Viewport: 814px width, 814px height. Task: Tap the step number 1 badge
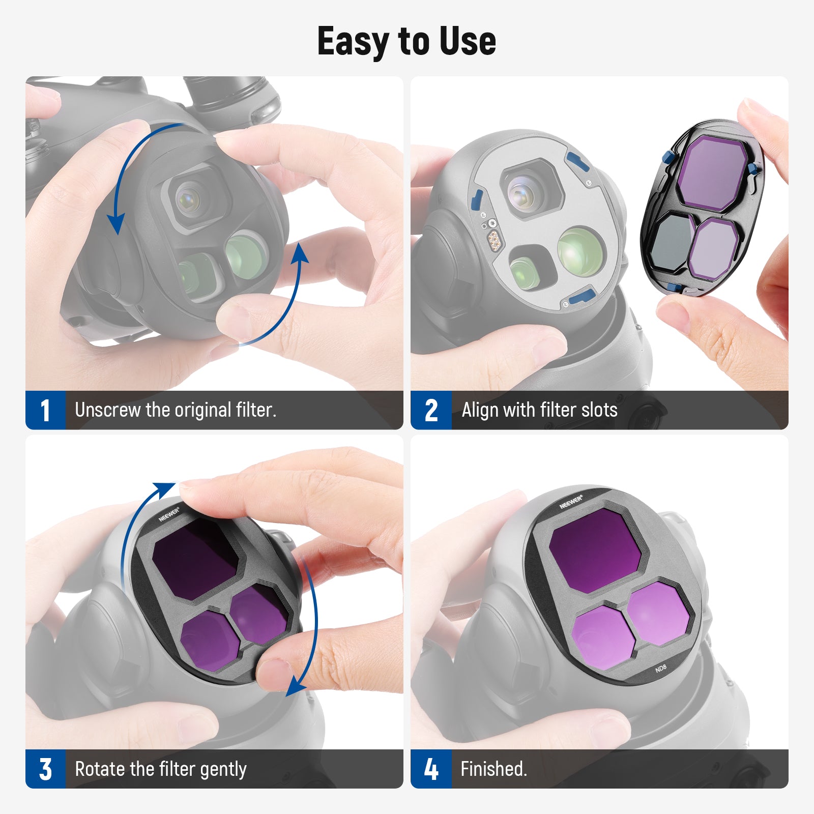pyautogui.click(x=45, y=410)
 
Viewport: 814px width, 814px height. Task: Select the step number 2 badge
pyautogui.click(x=431, y=410)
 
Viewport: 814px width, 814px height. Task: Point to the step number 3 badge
pyautogui.click(x=45, y=769)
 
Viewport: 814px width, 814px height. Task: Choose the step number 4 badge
pyautogui.click(x=431, y=769)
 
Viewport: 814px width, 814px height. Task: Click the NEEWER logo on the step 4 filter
pyautogui.click(x=571, y=502)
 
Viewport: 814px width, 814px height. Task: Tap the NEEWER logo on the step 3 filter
pyautogui.click(x=169, y=514)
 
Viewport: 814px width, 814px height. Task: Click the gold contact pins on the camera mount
pyautogui.click(x=493, y=239)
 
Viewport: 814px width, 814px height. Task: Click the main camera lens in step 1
pyautogui.click(x=188, y=199)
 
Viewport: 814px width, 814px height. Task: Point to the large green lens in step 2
pyautogui.click(x=580, y=250)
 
